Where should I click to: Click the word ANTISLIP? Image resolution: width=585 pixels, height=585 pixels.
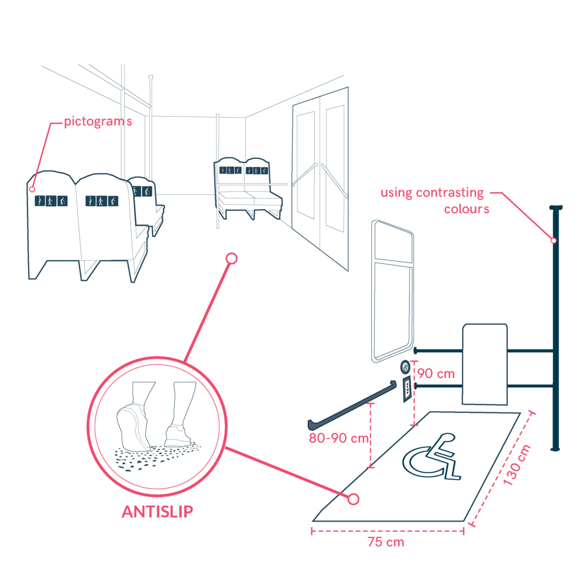point(158,511)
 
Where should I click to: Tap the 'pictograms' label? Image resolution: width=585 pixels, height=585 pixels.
point(98,122)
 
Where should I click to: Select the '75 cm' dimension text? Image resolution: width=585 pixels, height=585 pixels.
point(386,542)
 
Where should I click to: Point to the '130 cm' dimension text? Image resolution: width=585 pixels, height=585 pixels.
point(516,465)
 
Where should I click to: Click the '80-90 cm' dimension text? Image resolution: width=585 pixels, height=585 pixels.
point(339,438)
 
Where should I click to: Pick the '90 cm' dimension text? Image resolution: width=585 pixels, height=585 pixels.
point(436,374)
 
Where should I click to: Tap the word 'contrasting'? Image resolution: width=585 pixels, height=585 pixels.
point(450,193)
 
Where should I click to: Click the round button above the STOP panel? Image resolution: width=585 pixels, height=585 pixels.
point(405,367)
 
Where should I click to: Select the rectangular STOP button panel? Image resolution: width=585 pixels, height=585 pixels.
point(407,389)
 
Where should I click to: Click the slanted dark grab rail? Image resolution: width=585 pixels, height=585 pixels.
point(352,406)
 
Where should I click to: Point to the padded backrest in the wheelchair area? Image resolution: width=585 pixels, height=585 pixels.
point(484,364)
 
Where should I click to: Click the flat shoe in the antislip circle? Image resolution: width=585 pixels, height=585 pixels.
point(178,436)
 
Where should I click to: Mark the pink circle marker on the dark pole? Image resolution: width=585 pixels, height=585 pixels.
point(554,241)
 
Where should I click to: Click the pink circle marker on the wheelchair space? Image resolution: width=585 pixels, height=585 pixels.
point(353,499)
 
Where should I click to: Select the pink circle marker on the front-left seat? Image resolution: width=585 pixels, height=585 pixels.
point(32,189)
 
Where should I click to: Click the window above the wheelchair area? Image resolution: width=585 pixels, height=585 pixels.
point(392,291)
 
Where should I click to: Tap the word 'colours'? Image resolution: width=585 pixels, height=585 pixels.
point(466,209)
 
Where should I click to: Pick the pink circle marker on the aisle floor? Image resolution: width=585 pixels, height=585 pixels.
point(232,259)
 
